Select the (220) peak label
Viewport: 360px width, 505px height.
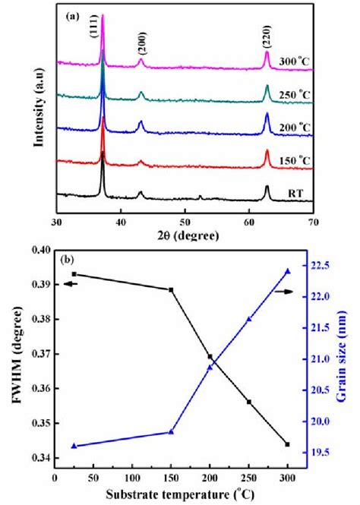pos(267,34)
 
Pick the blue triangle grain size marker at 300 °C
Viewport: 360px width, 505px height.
pos(288,271)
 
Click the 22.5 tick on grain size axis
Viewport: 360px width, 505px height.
pos(318,265)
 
